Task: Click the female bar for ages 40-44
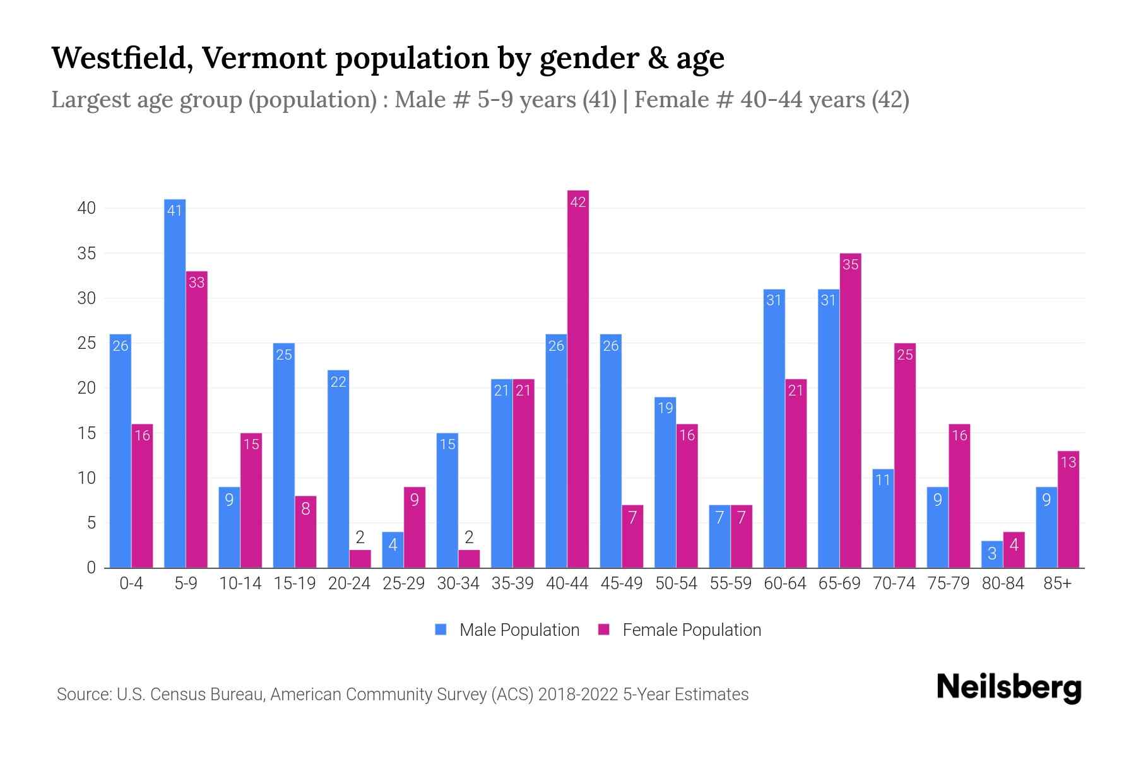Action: (578, 378)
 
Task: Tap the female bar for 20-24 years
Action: (360, 559)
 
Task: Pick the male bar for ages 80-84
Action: (991, 555)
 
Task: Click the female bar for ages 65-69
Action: (850, 410)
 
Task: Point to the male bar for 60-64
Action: (774, 429)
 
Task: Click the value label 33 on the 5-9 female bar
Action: (197, 283)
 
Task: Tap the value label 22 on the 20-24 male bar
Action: (338, 382)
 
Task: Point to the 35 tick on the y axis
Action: (86, 254)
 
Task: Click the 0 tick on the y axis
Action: (92, 568)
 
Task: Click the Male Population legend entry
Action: (519, 630)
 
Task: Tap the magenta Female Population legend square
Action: (604, 630)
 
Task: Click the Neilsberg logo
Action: (1009, 688)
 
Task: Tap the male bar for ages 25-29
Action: (393, 550)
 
